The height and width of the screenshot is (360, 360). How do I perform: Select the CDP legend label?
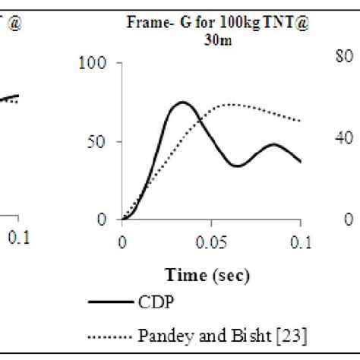coord(157,302)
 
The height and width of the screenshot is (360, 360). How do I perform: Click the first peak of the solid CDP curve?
coord(181,102)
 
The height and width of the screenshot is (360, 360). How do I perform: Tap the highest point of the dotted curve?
coord(232,104)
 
